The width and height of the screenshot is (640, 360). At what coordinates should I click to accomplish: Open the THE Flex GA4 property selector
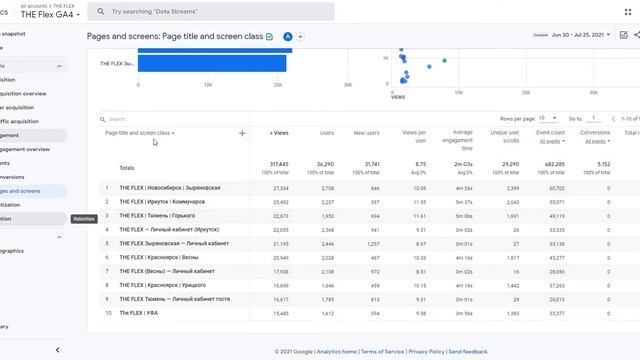pos(50,15)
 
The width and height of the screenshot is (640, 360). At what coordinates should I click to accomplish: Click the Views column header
pos(279,132)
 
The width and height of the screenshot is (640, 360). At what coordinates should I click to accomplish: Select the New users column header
pos(367,132)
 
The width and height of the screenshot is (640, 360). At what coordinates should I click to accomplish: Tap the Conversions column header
pos(595,132)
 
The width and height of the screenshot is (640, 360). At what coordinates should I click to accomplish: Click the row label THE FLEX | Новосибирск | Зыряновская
pos(169,188)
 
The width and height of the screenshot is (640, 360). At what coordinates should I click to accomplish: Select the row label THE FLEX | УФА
pos(140,313)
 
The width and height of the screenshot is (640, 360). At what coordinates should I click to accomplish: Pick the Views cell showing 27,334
pos(279,188)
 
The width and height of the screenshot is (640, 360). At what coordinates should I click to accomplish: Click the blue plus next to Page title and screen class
pos(242,132)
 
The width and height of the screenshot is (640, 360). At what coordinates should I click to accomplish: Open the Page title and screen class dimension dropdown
pos(140,132)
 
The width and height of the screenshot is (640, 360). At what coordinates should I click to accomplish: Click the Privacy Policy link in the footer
pos(426,352)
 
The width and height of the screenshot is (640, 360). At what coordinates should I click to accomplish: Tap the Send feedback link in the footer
pos(468,352)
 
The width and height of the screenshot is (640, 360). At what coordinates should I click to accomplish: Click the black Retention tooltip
pos(85,218)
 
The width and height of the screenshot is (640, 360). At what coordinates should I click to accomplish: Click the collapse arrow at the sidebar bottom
pos(57,350)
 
